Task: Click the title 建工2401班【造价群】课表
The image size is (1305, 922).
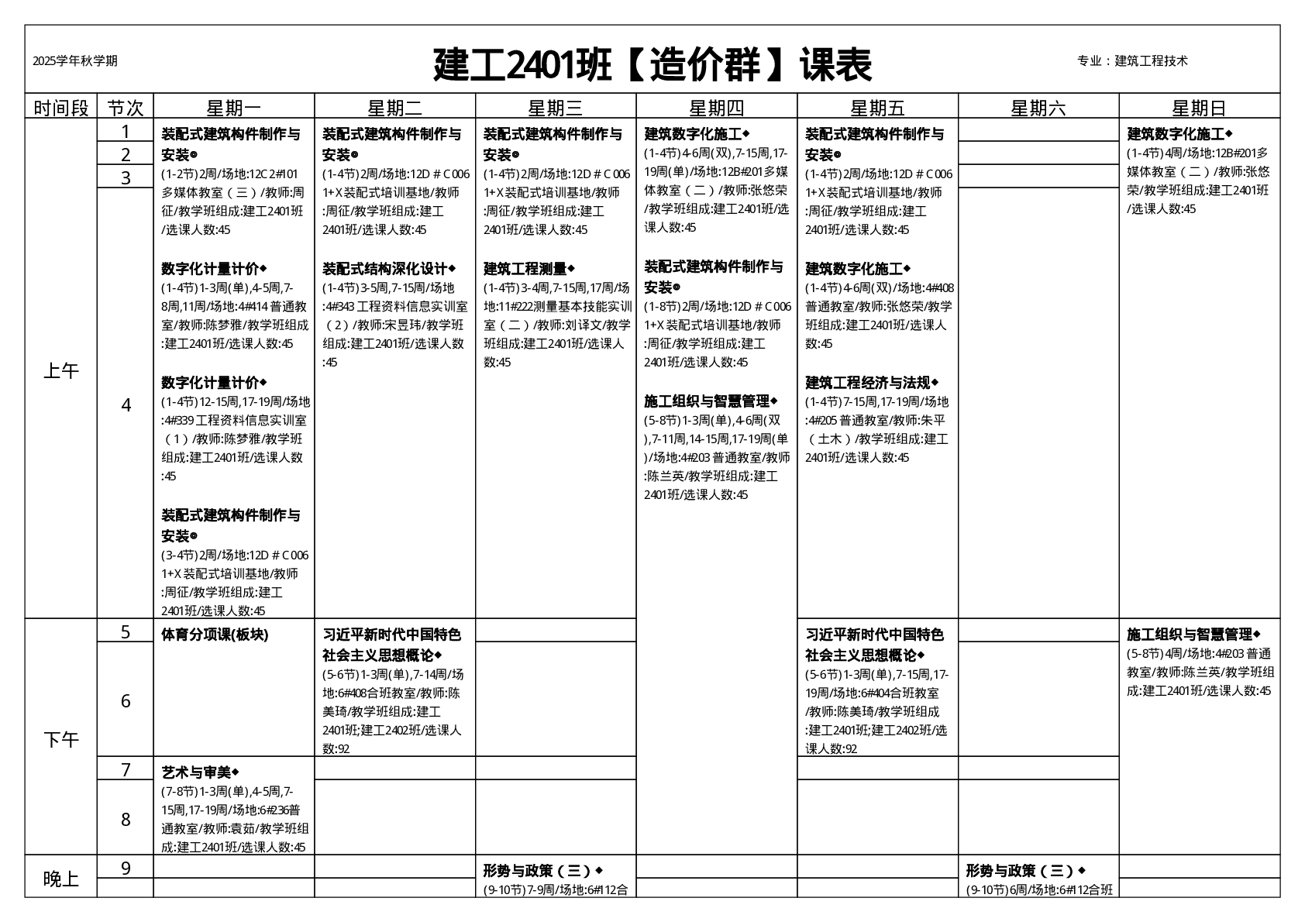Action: (652, 64)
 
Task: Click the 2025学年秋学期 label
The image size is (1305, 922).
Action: (75, 61)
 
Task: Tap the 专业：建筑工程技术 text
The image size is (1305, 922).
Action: (1132, 61)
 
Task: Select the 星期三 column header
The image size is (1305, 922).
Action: (556, 108)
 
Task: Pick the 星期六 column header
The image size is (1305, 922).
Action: (1038, 108)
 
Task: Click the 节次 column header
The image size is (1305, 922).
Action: (126, 108)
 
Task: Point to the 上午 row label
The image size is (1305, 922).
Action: (60, 370)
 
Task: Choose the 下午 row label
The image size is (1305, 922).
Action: (60, 739)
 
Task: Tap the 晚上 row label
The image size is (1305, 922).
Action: (60, 879)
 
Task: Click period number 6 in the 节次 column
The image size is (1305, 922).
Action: (126, 700)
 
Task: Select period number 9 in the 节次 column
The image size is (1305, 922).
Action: (126, 868)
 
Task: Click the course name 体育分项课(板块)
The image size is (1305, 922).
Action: (215, 635)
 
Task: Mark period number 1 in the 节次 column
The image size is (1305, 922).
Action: (126, 131)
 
